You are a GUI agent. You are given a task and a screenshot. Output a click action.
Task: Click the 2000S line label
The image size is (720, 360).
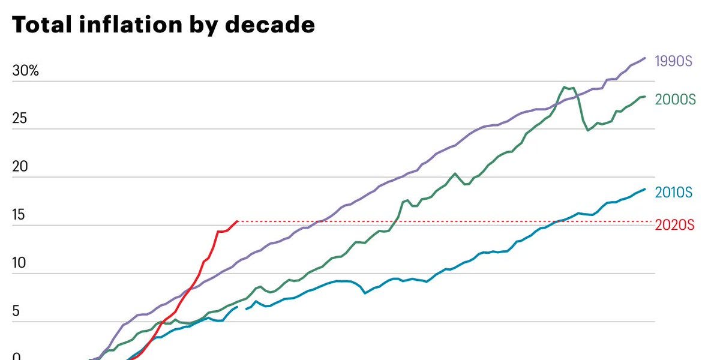coord(676,100)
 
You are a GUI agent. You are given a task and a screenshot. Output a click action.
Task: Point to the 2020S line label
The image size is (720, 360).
coord(674,226)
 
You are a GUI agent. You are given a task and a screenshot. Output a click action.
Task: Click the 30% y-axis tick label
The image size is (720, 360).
coord(26,71)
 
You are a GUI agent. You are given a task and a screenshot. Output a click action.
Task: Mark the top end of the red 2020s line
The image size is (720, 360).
coord(238,221)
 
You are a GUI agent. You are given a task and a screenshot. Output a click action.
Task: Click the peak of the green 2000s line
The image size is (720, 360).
coord(565,87)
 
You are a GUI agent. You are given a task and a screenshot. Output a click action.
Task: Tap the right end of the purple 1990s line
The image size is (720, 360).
coord(645,58)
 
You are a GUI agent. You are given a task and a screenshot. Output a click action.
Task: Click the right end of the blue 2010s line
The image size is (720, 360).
coord(645,189)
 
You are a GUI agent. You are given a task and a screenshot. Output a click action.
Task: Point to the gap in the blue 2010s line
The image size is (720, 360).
coord(242,308)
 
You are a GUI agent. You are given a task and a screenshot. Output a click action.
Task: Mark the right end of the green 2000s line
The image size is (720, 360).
coord(645,97)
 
